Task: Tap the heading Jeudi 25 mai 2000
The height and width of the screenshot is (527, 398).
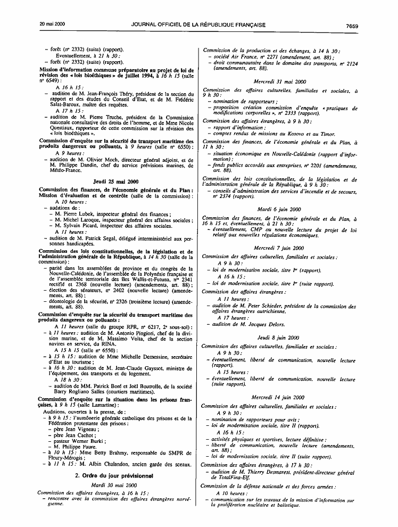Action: tap(115, 182)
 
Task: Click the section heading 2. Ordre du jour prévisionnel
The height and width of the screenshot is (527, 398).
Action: tap(115, 475)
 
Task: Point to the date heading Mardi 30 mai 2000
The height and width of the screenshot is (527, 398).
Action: tap(115, 485)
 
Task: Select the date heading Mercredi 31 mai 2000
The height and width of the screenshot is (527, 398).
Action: tap(279, 81)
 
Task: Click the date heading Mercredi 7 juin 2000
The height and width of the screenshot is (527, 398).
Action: tap(279, 248)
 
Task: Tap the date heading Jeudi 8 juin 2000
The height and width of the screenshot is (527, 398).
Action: tap(279, 337)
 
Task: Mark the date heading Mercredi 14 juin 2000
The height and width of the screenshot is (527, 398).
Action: tap(279, 397)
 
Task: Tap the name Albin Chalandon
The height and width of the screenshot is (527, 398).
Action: tap(100, 465)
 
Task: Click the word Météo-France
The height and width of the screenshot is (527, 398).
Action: tap(57, 171)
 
